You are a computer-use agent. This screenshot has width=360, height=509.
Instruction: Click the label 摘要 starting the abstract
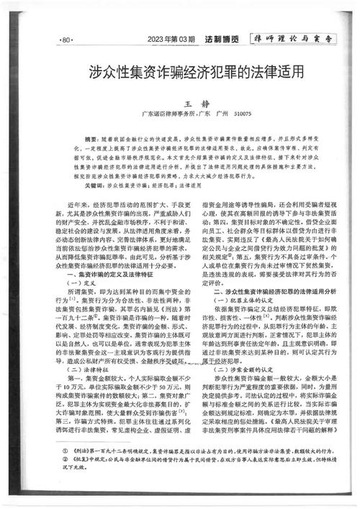(x=91, y=138)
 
